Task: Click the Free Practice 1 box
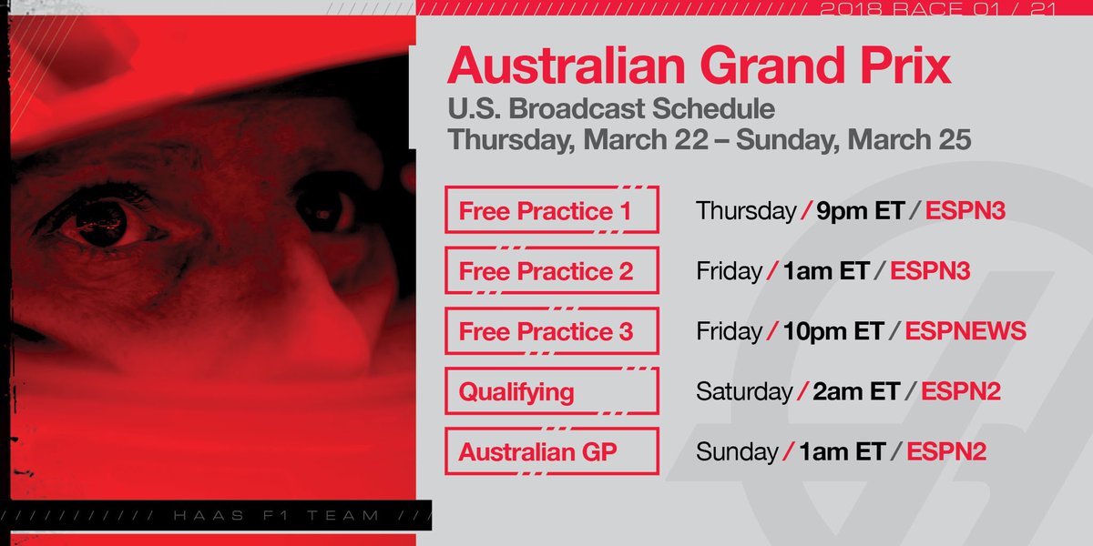551,211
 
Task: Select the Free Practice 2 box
551,271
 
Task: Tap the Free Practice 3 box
551,331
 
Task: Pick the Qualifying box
551,391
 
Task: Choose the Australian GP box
551,451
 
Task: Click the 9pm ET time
860,211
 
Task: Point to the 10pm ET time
833,331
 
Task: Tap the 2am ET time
858,391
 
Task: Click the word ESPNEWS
967,331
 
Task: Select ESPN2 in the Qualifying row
961,391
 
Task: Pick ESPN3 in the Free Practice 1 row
965,211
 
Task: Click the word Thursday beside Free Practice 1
746,211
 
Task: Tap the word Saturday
744,391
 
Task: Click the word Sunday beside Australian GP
737,451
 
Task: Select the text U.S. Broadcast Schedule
611,109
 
